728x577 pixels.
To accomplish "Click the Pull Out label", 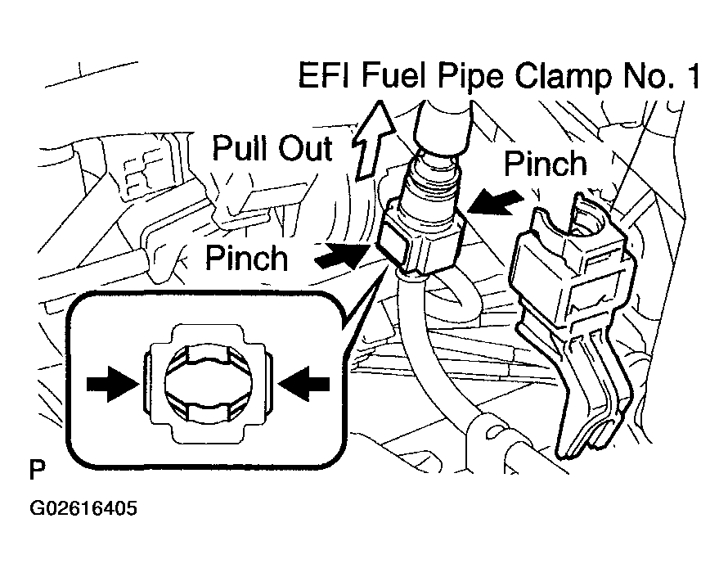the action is (x=272, y=148).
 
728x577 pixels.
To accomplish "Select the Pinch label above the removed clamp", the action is (x=545, y=163).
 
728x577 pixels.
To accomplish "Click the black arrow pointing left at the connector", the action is (x=495, y=202).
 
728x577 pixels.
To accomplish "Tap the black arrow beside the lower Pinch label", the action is (x=342, y=255).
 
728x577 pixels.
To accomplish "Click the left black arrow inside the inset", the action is (x=113, y=384).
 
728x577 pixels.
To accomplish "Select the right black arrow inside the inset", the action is (x=303, y=384).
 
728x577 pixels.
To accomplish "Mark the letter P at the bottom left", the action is (x=37, y=470).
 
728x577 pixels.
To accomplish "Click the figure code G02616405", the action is (x=83, y=508).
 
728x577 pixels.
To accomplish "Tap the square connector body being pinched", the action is (x=420, y=241).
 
